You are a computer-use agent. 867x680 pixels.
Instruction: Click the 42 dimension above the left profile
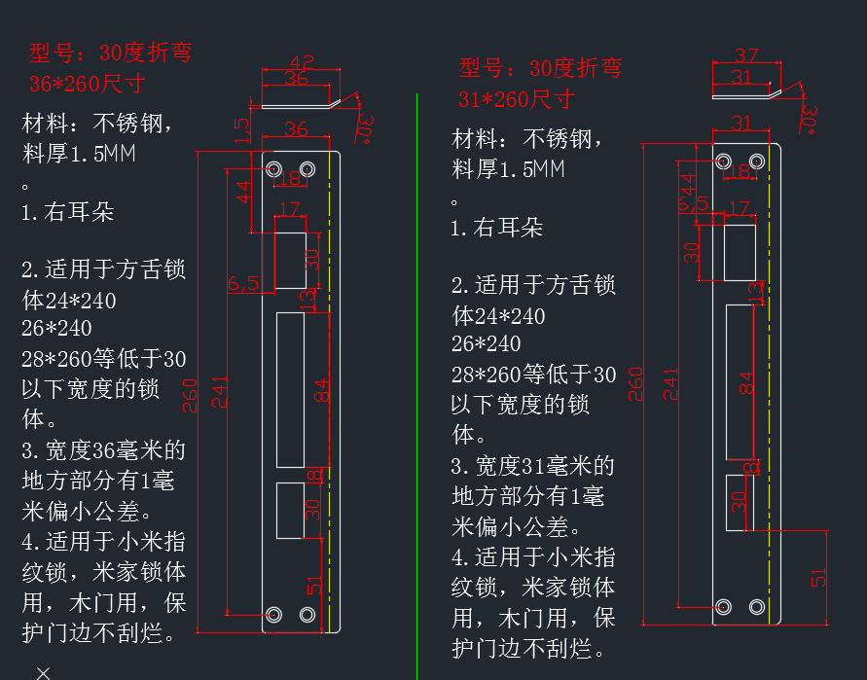pos(302,61)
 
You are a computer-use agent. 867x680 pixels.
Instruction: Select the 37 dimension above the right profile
pos(746,55)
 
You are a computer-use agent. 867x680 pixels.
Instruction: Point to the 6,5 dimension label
pos(243,283)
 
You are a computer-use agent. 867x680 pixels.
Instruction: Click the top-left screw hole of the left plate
pos(273,169)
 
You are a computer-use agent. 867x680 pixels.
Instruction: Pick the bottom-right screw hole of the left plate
pos(307,614)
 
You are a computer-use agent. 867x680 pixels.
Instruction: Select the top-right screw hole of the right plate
pos(755,161)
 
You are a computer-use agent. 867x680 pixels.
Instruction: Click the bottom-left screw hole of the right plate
pos(723,607)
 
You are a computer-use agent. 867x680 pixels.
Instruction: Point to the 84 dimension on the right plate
pos(747,382)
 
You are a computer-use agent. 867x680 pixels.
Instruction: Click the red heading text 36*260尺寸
pos(87,83)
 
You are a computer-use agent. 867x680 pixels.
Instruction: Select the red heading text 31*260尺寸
pos(516,98)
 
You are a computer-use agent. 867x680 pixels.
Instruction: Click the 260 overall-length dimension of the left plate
pos(191,394)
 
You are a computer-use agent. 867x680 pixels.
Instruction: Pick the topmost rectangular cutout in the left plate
pos(290,259)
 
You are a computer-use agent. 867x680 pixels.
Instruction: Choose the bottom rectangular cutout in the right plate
pos(741,502)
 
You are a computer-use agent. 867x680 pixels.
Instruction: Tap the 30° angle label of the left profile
pos(365,128)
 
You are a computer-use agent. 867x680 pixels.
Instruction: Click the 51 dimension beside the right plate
pos(819,576)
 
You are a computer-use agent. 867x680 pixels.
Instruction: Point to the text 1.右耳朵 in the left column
pos(67,212)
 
